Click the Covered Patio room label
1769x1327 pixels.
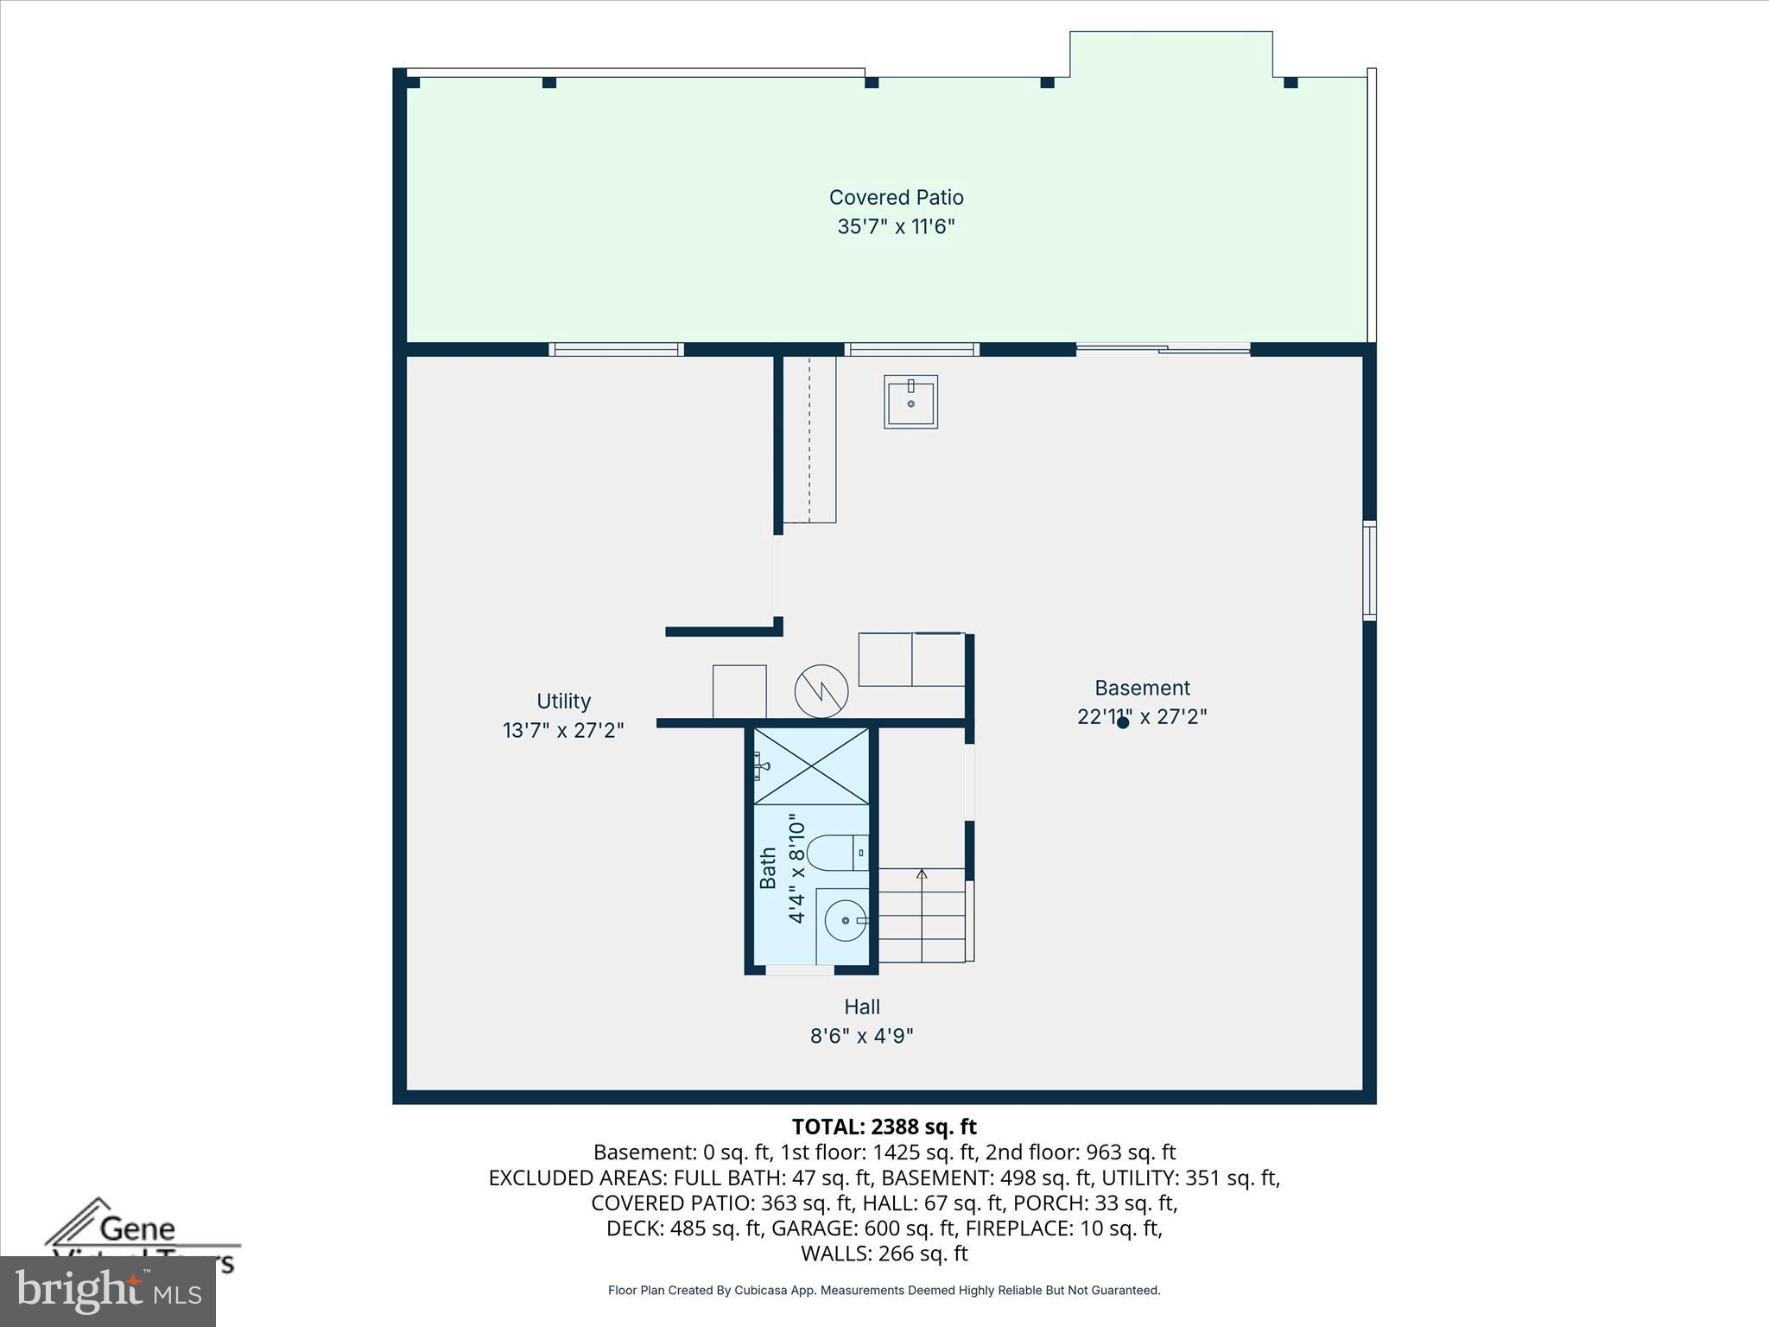coord(896,198)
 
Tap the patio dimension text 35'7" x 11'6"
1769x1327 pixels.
coord(896,226)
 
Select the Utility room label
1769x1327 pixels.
coord(563,701)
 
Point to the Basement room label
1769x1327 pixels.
coord(1142,688)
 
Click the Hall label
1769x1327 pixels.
coord(862,1006)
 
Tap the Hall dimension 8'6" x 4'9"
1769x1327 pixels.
coord(862,1035)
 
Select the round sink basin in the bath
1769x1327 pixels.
coord(845,920)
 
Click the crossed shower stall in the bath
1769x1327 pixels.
coord(811,766)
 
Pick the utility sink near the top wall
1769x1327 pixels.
coord(910,402)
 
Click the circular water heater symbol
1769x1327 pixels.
coord(821,691)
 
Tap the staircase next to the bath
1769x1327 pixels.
coord(922,916)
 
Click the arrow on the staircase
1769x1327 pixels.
coord(922,875)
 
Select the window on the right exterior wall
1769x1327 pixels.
coord(1369,570)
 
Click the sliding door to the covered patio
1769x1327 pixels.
coord(1163,349)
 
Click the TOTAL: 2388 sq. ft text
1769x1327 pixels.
coord(884,1127)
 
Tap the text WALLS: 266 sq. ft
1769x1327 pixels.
coord(884,1253)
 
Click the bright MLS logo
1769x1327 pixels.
coord(107,1290)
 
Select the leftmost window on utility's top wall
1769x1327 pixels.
coord(616,349)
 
